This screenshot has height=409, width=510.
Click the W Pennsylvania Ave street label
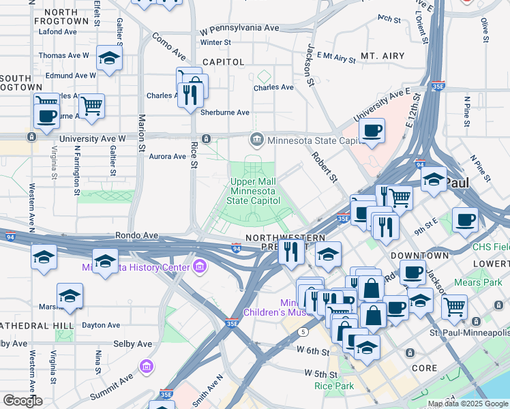(240, 29)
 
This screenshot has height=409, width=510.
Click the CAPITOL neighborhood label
(222, 62)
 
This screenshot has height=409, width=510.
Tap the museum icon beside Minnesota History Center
(200, 264)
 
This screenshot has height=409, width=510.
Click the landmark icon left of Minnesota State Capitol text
(257, 140)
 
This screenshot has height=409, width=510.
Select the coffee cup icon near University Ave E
(372, 131)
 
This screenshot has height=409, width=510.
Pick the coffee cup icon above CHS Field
(464, 219)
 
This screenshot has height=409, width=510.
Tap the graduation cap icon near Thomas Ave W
(108, 59)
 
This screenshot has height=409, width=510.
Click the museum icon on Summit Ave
(146, 368)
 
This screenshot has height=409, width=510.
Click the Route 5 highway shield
(301, 331)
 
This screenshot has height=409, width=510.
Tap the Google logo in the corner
(23, 400)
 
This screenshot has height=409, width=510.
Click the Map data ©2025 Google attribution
(468, 404)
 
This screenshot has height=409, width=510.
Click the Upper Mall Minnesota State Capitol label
(252, 192)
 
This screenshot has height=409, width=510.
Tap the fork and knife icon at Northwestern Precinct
(291, 252)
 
